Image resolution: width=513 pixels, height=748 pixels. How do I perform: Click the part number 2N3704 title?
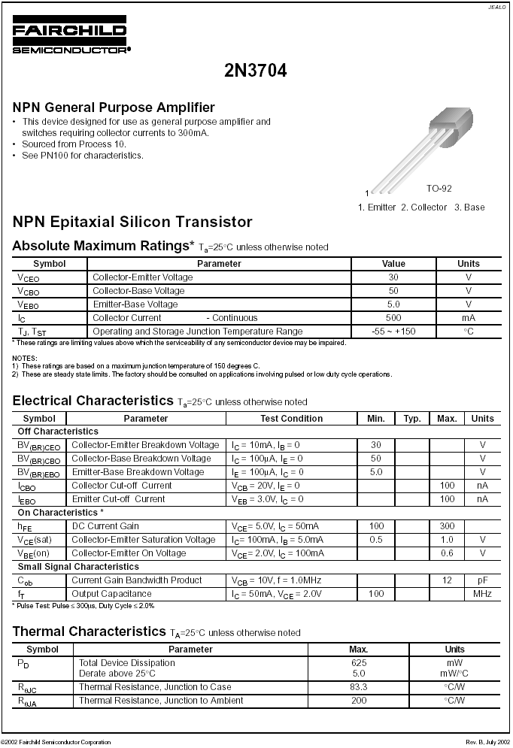point(256,71)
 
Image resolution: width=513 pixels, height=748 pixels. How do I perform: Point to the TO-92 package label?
point(439,189)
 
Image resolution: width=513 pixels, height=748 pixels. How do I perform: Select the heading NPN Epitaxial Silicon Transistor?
point(132,222)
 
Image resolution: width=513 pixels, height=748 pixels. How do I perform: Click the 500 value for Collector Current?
point(393,318)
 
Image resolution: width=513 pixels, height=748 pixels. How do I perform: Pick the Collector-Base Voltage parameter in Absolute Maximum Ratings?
point(138,291)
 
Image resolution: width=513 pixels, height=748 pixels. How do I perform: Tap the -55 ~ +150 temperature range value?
point(393,332)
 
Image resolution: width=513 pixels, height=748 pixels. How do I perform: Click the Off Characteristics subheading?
point(58,432)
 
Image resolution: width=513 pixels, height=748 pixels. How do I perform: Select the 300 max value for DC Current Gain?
point(447,526)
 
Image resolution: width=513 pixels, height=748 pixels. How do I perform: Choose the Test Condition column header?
point(291,419)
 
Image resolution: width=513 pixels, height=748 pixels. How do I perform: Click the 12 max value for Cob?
point(447,580)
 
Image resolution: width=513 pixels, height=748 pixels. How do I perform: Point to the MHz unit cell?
point(482,594)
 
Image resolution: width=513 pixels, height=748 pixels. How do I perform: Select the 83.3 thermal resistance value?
point(359,687)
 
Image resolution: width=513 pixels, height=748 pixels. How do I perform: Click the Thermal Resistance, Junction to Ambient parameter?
point(161,701)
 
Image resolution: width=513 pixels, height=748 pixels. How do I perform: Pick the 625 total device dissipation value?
point(359,663)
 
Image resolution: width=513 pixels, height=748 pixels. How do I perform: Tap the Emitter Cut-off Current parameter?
point(118,499)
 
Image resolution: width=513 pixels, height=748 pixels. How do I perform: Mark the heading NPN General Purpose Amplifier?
point(114,108)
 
